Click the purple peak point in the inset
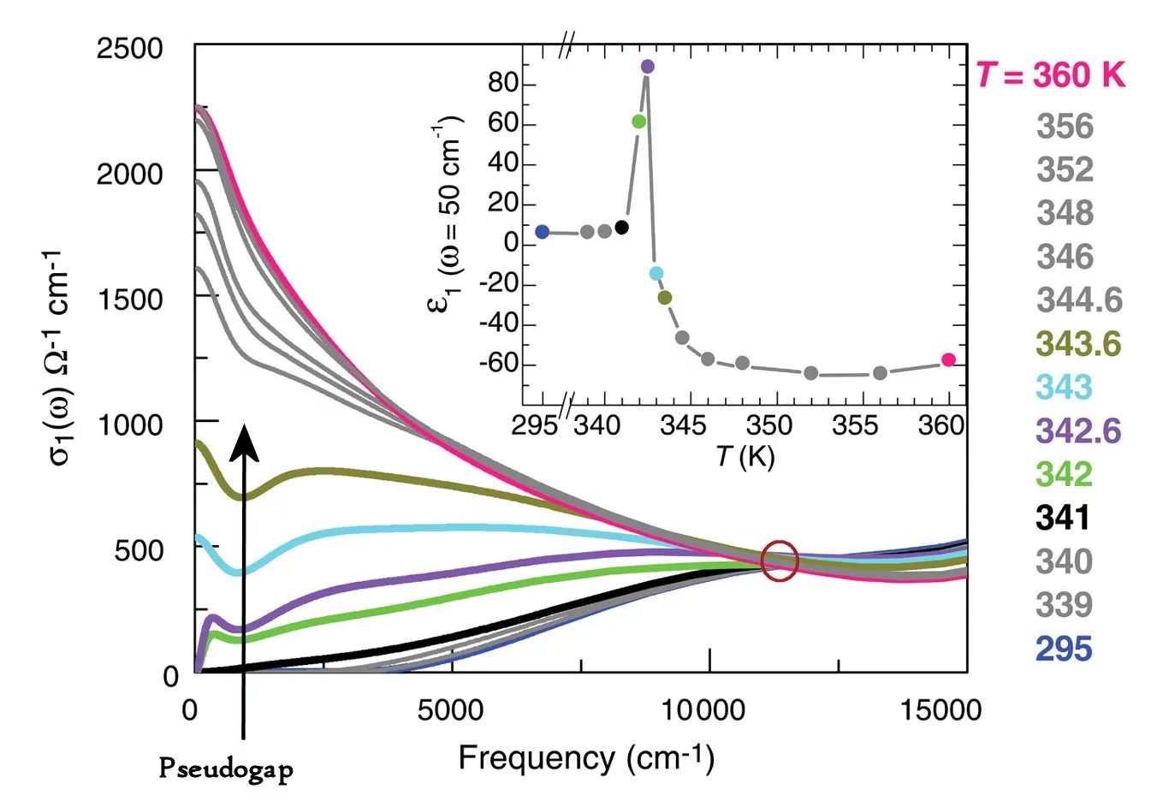click(x=648, y=67)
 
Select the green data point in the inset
click(x=638, y=122)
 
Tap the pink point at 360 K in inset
click(x=948, y=360)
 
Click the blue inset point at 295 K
click(x=542, y=232)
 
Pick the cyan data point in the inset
click(x=656, y=274)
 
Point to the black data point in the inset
click(x=622, y=228)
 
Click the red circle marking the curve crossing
click(x=780, y=561)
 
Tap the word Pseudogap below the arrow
click(x=226, y=768)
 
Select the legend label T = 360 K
click(x=1051, y=75)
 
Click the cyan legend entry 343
click(x=1065, y=388)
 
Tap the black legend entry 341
click(x=1064, y=518)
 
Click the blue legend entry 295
click(x=1064, y=649)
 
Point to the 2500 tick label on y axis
click(x=129, y=49)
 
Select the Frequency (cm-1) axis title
click(x=586, y=758)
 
